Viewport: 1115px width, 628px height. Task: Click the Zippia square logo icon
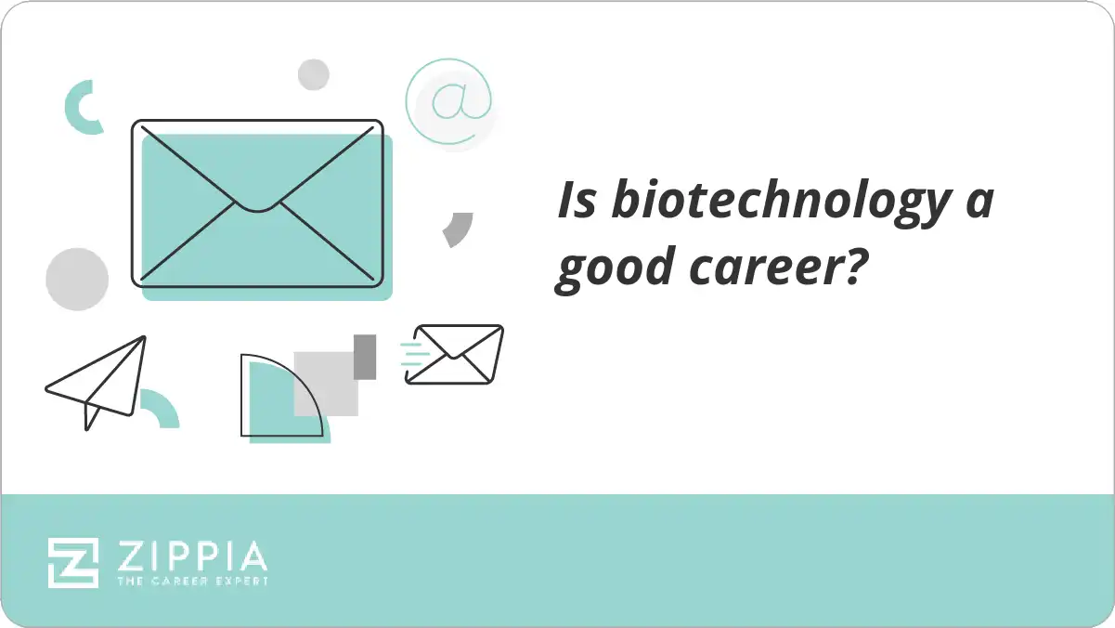point(73,563)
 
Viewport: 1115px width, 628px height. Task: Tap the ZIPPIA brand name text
point(192,556)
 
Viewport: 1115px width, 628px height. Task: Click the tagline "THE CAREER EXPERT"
point(192,582)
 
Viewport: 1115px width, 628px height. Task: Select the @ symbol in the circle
point(449,100)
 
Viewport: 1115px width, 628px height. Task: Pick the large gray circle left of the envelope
point(78,280)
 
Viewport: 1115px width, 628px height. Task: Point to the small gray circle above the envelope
point(314,74)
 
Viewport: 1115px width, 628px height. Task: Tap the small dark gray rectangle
point(365,357)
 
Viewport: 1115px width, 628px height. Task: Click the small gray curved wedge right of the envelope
point(458,229)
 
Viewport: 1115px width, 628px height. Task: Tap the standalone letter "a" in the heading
point(979,202)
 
